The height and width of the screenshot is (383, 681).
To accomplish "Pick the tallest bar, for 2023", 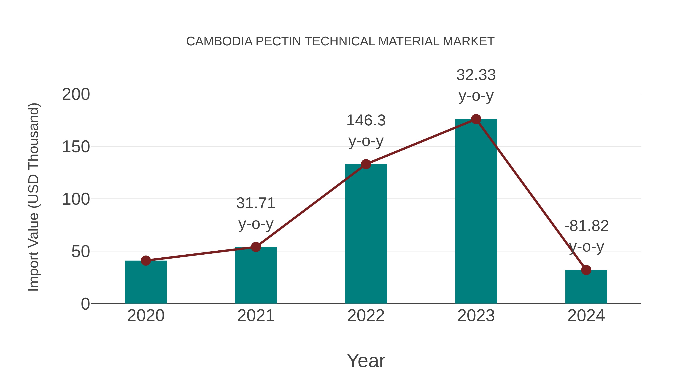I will click(x=476, y=211).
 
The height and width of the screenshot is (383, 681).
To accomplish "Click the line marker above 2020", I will click(x=146, y=261).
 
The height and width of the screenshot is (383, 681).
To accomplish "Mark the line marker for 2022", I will click(x=366, y=164).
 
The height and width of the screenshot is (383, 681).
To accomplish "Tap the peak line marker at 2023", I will click(x=476, y=119).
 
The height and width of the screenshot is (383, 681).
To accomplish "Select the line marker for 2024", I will click(x=586, y=270).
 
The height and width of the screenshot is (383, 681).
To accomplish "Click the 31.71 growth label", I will click(x=256, y=203).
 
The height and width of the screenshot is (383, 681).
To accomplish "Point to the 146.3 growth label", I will click(x=366, y=120).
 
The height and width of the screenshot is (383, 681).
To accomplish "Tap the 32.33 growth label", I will click(x=476, y=75).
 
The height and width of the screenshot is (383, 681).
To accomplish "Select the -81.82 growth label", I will click(x=586, y=226).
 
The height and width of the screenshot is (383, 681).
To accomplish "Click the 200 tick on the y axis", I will click(x=76, y=94).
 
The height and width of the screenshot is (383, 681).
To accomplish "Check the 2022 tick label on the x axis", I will click(x=366, y=316).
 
